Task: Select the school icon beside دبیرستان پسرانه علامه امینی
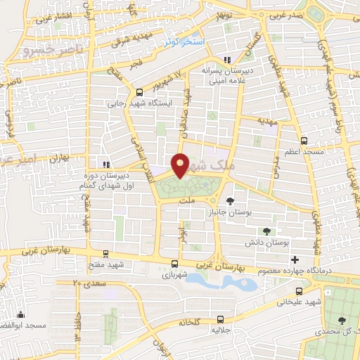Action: point(226,60)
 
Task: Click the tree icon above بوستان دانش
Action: point(267,231)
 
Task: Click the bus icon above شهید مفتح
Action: point(106,254)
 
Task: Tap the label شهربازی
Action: point(175,275)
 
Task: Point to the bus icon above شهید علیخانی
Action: point(299,290)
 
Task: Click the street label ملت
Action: point(186,202)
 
